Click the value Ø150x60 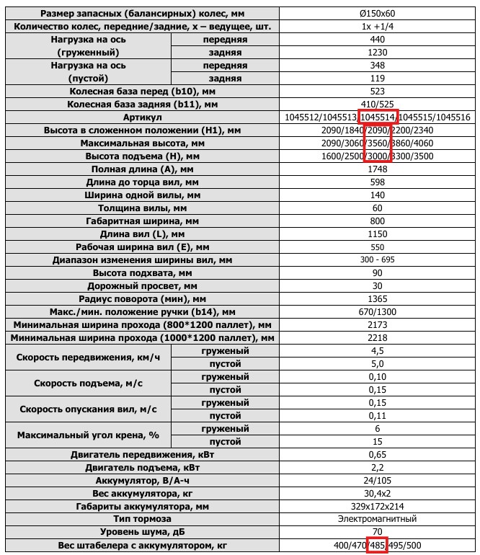coord(377,14)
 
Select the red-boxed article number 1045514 coord(378,117)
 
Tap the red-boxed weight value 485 coord(377,545)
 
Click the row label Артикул coord(143,117)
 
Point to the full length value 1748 coord(377,169)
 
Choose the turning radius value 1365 coord(377,299)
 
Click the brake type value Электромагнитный coord(377,519)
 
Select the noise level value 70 coord(377,532)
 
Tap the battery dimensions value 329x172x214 coord(377,506)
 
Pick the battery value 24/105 coord(377,480)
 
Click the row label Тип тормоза coord(143,519)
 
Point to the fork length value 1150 coord(377,234)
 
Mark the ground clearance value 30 coord(377,286)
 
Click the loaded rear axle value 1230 coord(377,53)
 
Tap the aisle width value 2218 coord(377,338)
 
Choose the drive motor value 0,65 coord(377,454)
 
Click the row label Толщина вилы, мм coord(143,208)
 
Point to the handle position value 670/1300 coord(377,312)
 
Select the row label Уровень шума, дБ coord(143,532)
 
